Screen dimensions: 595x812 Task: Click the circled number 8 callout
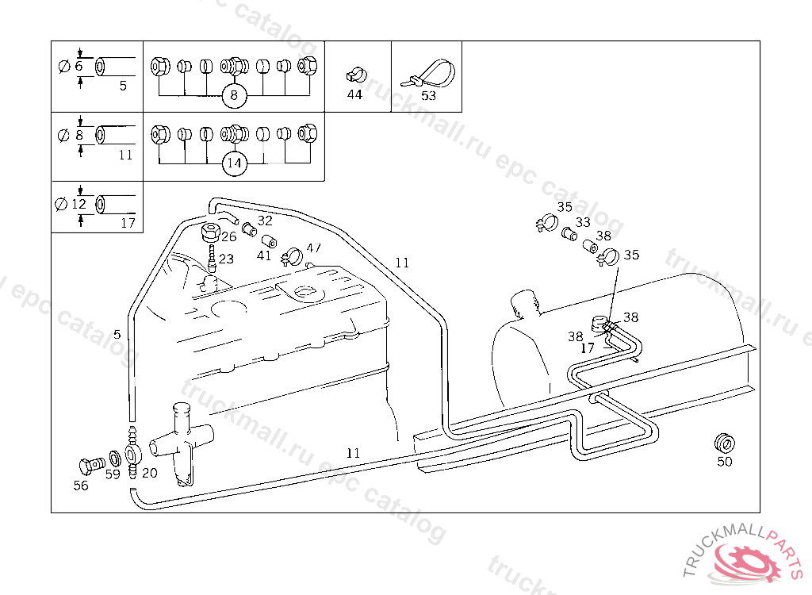[x=233, y=96]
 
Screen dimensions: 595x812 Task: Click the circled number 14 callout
[x=233, y=164]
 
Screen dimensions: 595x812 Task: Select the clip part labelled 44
[x=354, y=75]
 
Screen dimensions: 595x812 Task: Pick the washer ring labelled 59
[x=114, y=458]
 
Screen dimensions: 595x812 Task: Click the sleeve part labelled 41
[x=269, y=241]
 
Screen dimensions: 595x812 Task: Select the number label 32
[x=265, y=221]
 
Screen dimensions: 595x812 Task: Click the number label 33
[x=583, y=223]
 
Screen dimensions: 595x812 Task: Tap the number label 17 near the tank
[x=588, y=347]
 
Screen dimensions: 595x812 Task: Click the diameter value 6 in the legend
[x=79, y=66]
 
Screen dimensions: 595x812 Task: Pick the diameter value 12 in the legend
[x=79, y=204]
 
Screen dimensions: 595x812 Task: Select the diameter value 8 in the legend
[x=79, y=135]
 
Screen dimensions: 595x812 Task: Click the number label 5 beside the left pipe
[x=117, y=335]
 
